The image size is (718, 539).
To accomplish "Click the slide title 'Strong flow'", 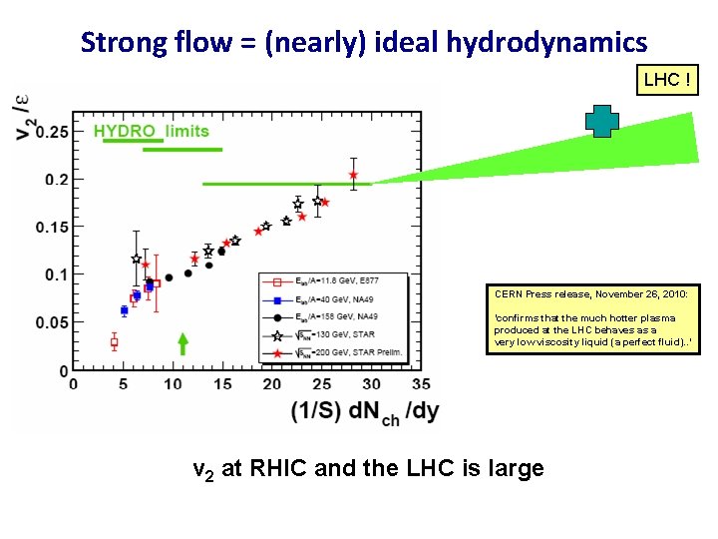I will tap(363, 43).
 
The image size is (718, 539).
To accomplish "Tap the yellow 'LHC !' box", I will tap(667, 79).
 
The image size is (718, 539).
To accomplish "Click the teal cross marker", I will tap(601, 122).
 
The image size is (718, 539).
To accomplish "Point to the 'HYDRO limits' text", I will tap(152, 131).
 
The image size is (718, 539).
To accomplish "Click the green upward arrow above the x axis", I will tap(182, 344).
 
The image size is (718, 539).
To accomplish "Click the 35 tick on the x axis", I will tap(421, 384).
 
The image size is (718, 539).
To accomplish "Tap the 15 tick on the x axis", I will tap(222, 384).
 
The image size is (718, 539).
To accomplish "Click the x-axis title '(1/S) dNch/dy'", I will tap(364, 412).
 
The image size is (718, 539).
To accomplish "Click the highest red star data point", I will tap(353, 175).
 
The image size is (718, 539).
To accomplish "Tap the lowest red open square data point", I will tap(114, 342).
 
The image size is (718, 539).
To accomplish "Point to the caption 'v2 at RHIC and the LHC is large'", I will tap(368, 467).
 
